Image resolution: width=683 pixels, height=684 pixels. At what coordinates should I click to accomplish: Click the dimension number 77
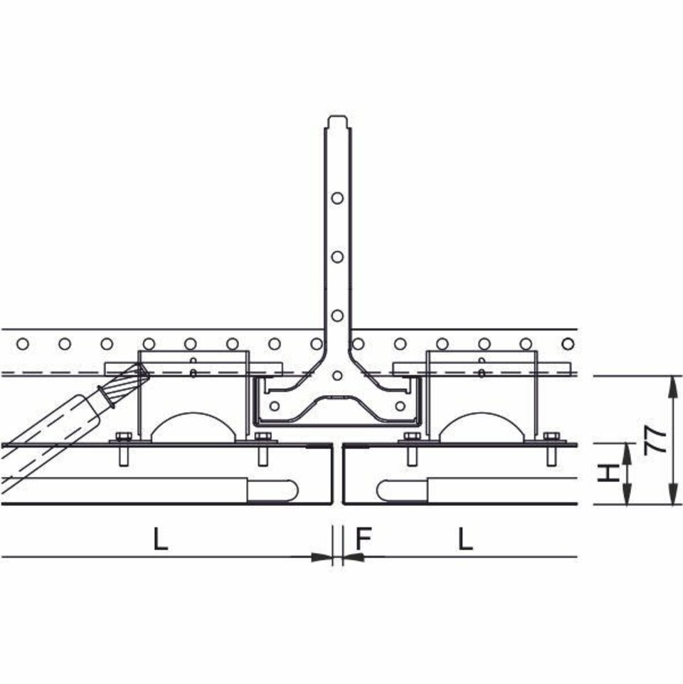point(655,441)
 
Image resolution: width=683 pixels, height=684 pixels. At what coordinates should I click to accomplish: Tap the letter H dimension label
point(608,473)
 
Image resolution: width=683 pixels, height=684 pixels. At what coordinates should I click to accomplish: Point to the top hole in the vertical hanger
point(337,198)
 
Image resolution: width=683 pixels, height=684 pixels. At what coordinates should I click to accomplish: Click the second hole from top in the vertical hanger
point(337,257)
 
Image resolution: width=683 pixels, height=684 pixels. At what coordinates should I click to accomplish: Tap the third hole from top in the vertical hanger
point(337,315)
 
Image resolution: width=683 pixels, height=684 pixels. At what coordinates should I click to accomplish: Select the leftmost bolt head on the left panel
point(124,436)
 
